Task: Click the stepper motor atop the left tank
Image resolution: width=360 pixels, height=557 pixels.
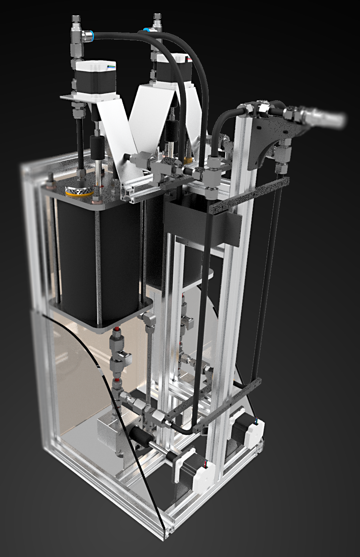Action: click(95, 78)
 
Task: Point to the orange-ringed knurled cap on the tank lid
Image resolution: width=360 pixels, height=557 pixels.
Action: click(79, 191)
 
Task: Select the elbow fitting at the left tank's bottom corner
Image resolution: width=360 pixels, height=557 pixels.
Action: click(148, 319)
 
